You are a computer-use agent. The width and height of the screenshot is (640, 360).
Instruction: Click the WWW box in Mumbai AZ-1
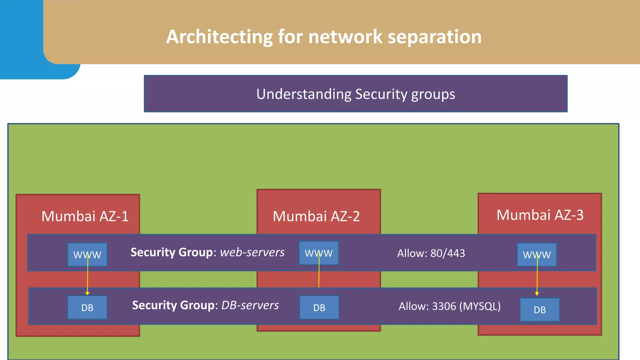87,255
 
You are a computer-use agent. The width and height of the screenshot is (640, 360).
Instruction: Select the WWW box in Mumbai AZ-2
318,253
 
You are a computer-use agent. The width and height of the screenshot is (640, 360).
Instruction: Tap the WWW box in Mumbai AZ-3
537,255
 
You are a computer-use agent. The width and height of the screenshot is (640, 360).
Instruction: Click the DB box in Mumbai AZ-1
87,307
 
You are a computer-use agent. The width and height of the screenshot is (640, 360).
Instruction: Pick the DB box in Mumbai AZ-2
319,307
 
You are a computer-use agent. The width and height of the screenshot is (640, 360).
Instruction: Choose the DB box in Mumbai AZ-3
540,310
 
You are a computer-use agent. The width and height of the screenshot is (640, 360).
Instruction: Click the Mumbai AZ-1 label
85,216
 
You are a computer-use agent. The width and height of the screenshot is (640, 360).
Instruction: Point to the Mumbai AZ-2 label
316,216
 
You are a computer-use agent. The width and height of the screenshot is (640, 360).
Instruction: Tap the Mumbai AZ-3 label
540,215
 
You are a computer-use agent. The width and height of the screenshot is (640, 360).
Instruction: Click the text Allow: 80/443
431,253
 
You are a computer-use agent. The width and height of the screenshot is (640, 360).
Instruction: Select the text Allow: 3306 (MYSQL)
449,306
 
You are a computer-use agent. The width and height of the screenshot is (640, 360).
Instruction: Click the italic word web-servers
252,252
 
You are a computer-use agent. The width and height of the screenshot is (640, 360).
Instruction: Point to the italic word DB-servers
250,305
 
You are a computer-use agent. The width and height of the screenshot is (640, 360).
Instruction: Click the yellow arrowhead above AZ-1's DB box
87,293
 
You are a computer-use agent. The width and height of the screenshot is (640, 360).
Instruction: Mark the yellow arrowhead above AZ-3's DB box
537,294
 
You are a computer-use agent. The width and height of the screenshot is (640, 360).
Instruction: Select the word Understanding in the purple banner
304,94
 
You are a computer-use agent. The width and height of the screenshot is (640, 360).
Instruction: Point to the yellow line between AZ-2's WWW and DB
319,275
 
